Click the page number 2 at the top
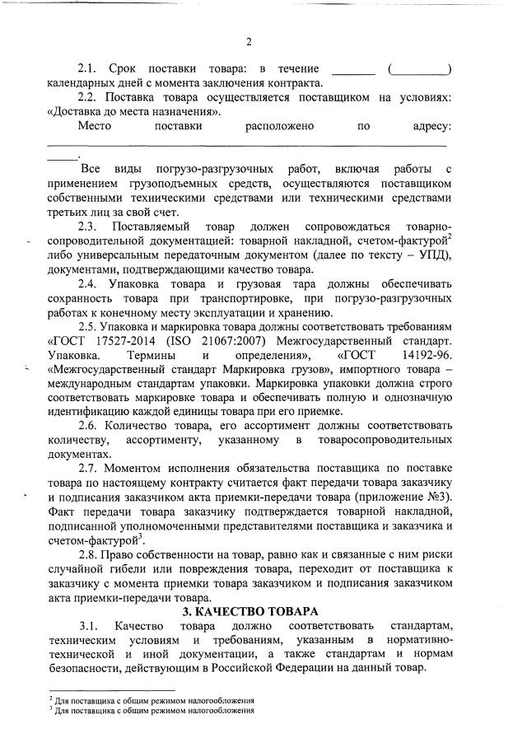(x=249, y=42)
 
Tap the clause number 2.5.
(x=88, y=325)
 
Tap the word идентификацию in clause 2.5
(x=98, y=411)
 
